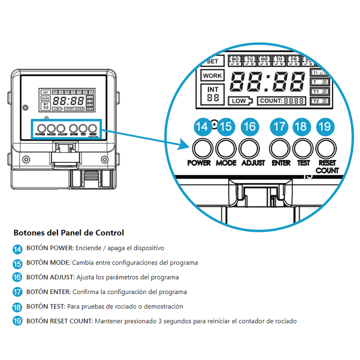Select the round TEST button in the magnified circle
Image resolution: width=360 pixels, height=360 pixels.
pos(302,147)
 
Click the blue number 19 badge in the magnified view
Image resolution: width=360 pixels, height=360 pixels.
pos(325,127)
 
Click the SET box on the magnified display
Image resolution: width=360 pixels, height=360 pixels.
pos(213,62)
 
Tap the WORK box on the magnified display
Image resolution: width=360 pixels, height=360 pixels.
pos(212,76)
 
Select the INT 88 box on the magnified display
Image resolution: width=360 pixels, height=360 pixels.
pos(212,93)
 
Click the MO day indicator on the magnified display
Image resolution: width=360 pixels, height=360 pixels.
pos(235,61)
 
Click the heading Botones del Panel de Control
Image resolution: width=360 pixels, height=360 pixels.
pos(68,233)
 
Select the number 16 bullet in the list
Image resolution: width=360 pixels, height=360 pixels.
pos(18,277)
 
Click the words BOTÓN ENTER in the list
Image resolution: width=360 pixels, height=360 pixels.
pos(48,292)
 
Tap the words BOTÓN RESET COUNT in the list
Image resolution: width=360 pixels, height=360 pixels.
pos(59,321)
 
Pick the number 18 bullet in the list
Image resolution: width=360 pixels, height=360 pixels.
pos(18,307)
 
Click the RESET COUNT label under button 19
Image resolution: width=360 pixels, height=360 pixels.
pos(327,167)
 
